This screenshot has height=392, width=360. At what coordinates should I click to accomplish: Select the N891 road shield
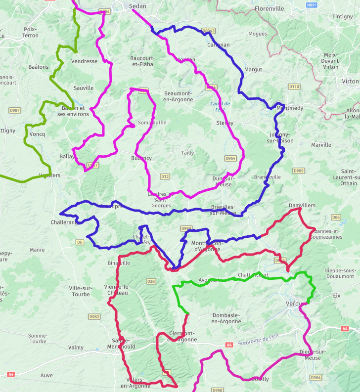tap(311, 5)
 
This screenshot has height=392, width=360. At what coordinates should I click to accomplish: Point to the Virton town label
tap(350, 81)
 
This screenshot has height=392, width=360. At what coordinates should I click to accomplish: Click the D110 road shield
tap(294, 87)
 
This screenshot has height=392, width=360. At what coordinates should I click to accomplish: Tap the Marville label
tap(321, 145)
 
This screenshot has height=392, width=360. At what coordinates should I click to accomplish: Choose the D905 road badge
tap(298, 171)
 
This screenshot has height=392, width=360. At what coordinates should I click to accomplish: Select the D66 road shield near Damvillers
tap(336, 217)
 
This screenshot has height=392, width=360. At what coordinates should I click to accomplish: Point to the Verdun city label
tap(296, 304)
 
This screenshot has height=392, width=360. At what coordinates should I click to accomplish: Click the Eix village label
tap(337, 295)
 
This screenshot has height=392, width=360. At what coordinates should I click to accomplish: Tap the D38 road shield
tap(151, 281)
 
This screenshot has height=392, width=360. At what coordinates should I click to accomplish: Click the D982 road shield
tap(94, 316)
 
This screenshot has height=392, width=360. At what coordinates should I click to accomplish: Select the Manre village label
tap(37, 250)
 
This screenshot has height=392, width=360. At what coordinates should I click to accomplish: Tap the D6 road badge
tap(80, 242)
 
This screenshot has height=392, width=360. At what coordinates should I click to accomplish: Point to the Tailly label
tap(187, 153)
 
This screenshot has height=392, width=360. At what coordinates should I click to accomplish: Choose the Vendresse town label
tap(84, 62)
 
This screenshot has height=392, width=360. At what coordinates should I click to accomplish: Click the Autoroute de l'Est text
tap(258, 339)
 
